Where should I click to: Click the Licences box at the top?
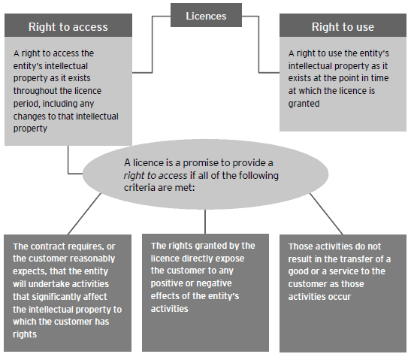click(206, 15)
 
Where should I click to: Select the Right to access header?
click(68, 27)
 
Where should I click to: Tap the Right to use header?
click(342, 27)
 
